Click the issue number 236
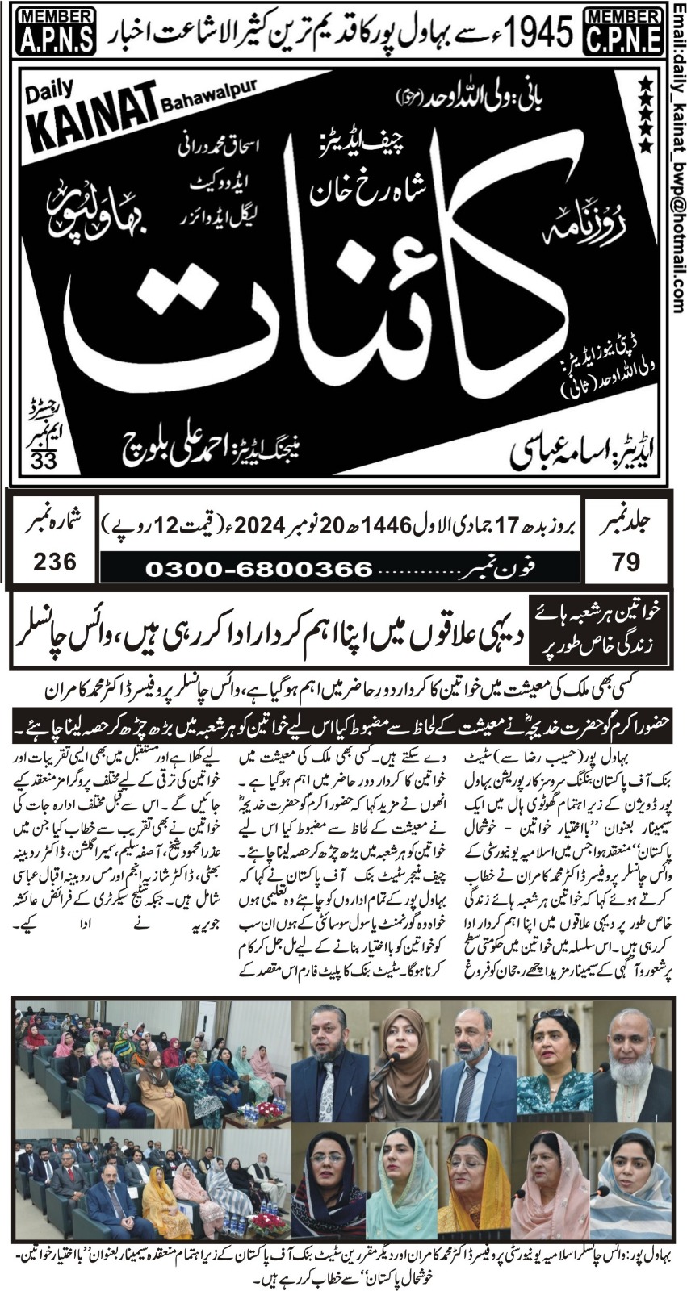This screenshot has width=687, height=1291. pos(55,560)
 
